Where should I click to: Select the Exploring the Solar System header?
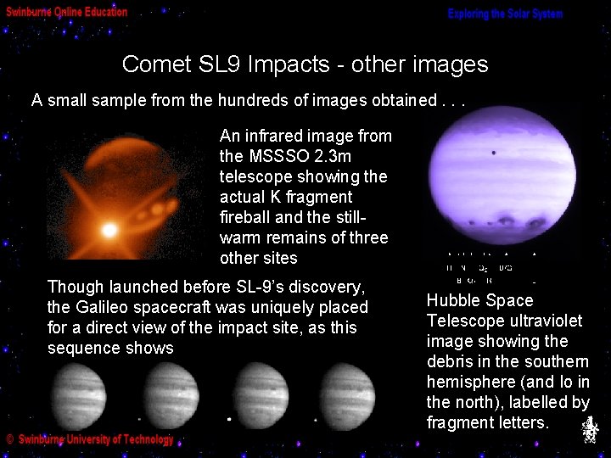pyautogui.click(x=505, y=14)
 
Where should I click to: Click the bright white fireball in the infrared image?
pyautogui.click(x=109, y=229)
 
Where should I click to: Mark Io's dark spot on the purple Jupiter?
pyautogui.click(x=494, y=153)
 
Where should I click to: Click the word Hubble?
pyautogui.click(x=457, y=301)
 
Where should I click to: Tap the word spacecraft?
pyautogui.click(x=174, y=308)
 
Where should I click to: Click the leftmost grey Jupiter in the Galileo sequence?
pyautogui.click(x=77, y=394)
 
